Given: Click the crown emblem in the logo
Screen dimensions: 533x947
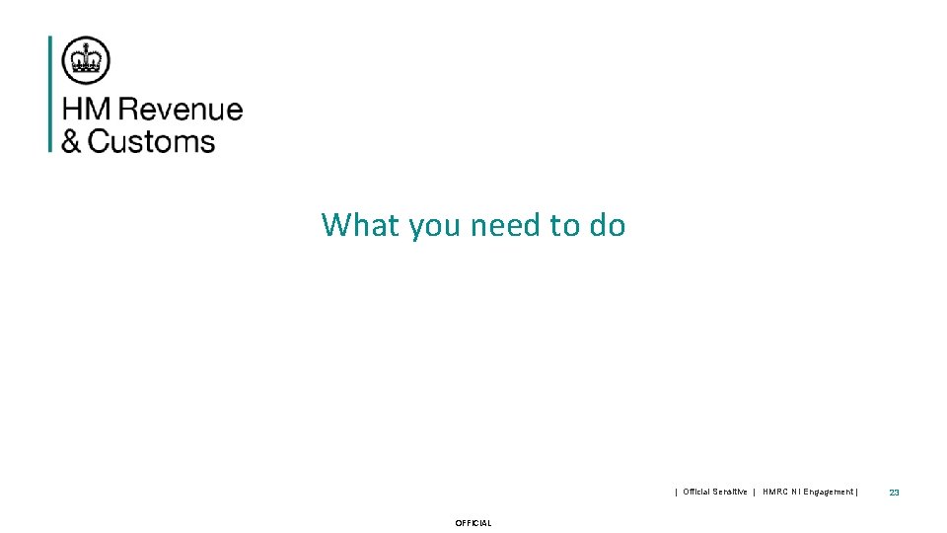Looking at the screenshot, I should [x=86, y=59].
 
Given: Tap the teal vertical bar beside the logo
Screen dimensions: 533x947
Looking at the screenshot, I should [x=50, y=94].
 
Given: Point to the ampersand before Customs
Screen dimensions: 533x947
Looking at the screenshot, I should [x=71, y=141].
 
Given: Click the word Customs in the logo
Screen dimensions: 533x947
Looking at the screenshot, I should [x=151, y=141].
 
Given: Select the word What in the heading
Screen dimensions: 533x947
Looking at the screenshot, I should [x=361, y=225].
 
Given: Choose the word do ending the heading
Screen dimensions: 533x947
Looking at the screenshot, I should [x=608, y=225].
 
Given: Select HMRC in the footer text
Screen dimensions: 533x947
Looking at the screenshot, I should [x=776, y=492].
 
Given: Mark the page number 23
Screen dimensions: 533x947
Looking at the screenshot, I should [x=894, y=492].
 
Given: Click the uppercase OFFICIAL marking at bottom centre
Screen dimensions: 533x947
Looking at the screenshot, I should [x=473, y=523].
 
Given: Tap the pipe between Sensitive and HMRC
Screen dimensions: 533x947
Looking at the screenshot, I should [x=754, y=492].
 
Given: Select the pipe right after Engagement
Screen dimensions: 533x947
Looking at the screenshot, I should [x=857, y=492].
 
